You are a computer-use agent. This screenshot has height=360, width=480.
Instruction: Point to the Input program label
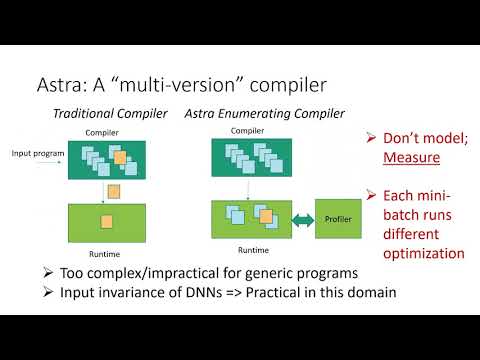pos(36,152)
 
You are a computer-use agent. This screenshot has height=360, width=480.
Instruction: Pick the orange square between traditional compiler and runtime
pos(113,190)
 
